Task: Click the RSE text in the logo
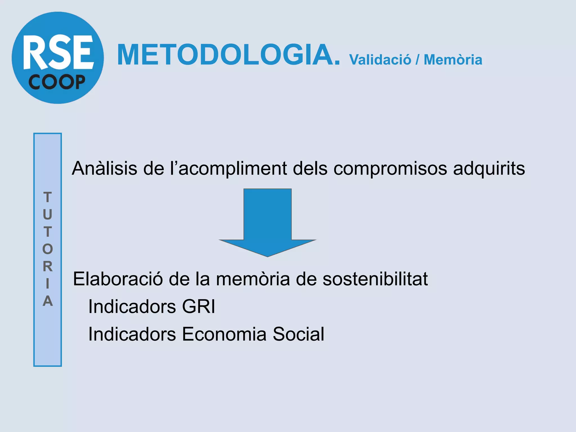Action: point(58,52)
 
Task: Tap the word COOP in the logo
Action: point(57,82)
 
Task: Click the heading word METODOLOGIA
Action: point(228,55)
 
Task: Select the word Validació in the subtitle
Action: point(380,60)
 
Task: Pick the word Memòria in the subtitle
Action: point(453,60)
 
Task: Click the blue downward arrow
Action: point(267,222)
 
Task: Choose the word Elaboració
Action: point(118,279)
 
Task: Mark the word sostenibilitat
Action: point(375,279)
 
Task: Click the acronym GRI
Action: point(199,306)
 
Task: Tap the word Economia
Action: point(224,334)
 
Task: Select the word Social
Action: point(298,334)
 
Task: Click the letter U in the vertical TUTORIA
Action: point(48,215)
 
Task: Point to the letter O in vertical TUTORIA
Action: point(48,249)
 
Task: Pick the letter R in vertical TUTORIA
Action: point(48,266)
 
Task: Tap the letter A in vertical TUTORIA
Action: point(48,301)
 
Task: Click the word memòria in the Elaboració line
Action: point(253,279)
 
